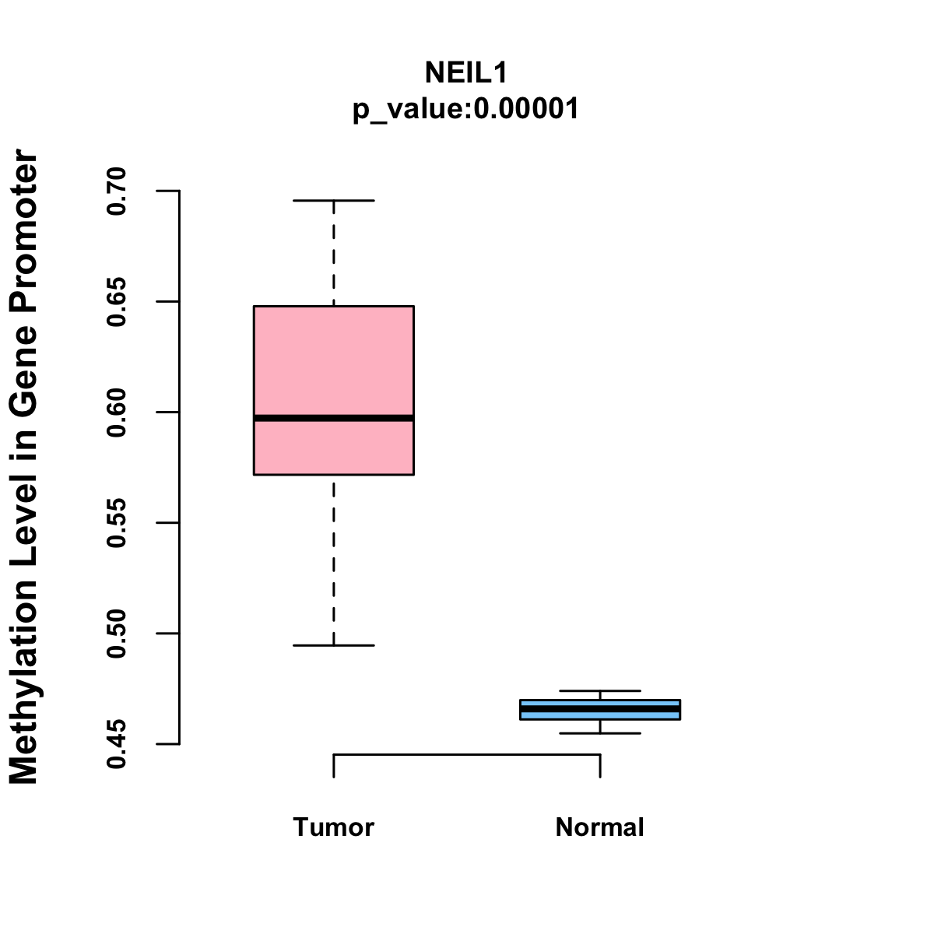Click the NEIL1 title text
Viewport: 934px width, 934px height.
coord(466,72)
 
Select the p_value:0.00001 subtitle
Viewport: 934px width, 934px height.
coord(466,108)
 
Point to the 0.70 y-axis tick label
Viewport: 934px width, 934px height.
coord(117,191)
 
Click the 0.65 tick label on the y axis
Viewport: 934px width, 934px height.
coord(117,301)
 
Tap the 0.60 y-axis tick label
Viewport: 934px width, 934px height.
coord(117,412)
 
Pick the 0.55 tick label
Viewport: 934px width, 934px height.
coord(117,523)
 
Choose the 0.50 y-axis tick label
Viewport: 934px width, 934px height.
coord(117,634)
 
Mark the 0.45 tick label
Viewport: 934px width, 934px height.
coord(117,744)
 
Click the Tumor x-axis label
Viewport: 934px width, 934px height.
coord(333,827)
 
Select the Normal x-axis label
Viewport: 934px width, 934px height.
coord(599,827)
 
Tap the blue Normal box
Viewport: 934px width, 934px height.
coord(599,704)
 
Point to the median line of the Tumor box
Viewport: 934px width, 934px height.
coord(333,418)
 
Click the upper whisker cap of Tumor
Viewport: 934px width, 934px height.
coord(333,200)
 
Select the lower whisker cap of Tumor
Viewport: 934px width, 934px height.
coord(333,645)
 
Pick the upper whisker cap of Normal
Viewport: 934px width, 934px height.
coord(599,690)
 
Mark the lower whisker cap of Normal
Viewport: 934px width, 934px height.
coord(599,733)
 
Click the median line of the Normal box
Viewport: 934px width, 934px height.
coord(599,709)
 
